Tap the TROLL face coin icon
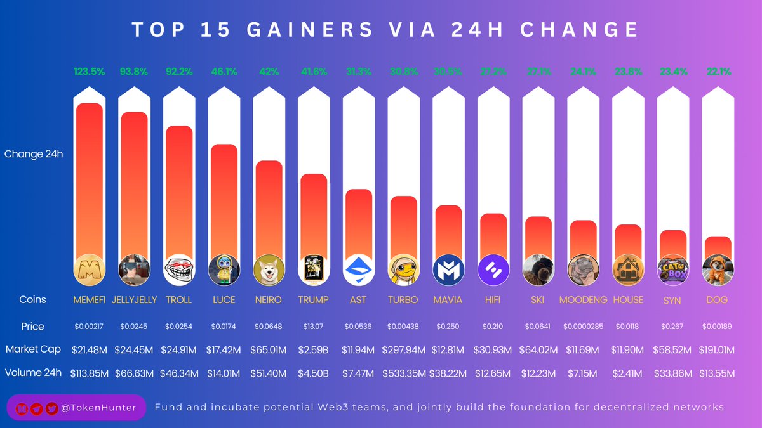pos(179,269)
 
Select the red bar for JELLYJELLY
pos(134,184)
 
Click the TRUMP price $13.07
pos(313,327)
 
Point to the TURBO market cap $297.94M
pos(403,349)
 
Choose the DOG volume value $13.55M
pos(717,373)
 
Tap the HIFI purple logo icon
pos(493,269)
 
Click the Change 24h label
pos(34,154)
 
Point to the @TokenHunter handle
pos(98,408)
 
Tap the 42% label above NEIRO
pos(269,72)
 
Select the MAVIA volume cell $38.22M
pos(448,373)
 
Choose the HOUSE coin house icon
pos(627,269)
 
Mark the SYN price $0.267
pos(672,327)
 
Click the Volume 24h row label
pos(34,373)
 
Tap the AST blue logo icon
pos(358,269)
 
